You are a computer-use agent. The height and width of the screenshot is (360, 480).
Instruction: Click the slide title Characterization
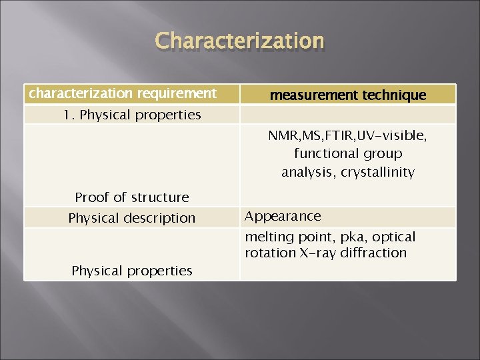pos(239,41)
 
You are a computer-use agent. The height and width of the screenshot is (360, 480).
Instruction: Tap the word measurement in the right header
pos(307,95)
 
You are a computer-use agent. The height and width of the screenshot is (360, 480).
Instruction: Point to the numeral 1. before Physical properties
pos(69,115)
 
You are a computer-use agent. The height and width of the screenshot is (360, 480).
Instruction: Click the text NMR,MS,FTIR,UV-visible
pos(347,135)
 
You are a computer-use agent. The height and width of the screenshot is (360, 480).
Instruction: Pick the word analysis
pos(309,172)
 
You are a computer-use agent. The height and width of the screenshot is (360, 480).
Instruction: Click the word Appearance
pos(283,216)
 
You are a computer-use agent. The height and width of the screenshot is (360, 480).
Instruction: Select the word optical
pos(393,237)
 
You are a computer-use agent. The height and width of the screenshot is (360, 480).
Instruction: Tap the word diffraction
pos(373,253)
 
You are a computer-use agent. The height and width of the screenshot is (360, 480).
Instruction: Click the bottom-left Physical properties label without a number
pos(131,271)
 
